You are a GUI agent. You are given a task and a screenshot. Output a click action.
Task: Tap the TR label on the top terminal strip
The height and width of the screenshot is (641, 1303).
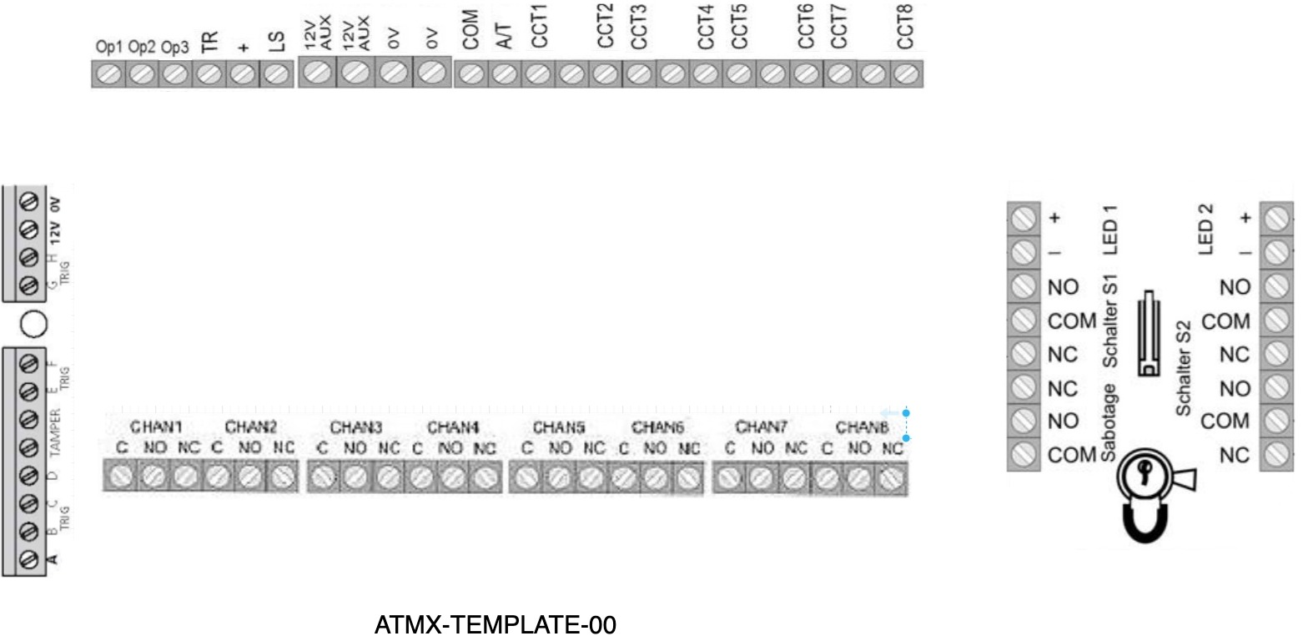coord(210,43)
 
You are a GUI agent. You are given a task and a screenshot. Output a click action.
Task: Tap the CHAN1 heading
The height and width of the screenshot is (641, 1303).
coord(155,427)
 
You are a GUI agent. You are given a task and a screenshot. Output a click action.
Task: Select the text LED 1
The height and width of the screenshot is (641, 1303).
coord(1109,230)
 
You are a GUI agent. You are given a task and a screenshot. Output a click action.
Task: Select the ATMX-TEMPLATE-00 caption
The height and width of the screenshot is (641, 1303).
coord(496,625)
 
